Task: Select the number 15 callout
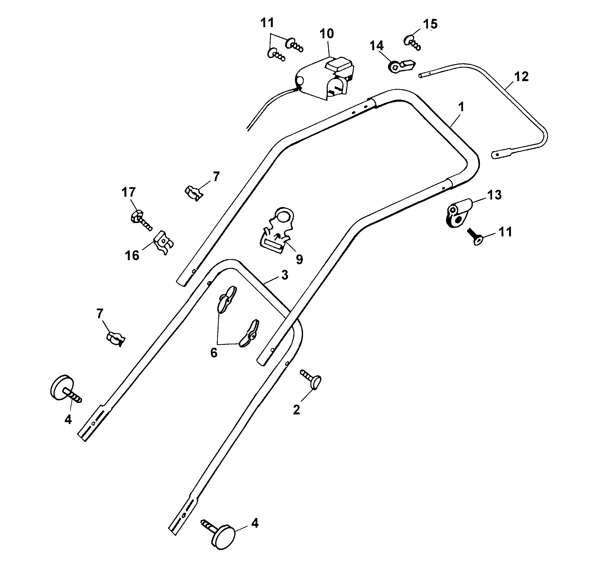point(430,24)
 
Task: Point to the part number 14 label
point(377,46)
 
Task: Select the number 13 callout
point(494,195)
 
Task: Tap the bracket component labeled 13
point(458,213)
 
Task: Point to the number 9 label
point(299,259)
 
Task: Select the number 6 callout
point(214,353)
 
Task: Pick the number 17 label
point(129,192)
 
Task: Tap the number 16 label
point(132,256)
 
